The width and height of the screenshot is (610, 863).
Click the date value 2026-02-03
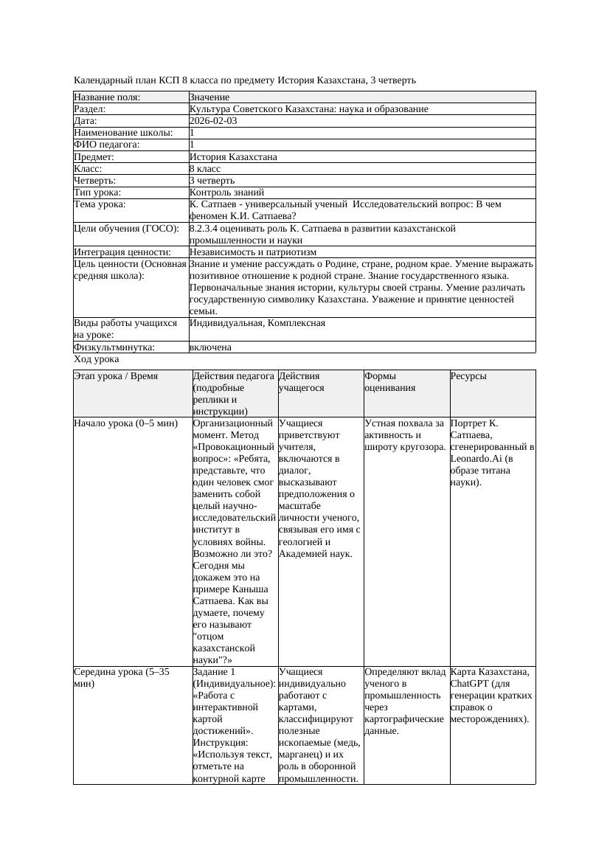coord(213,121)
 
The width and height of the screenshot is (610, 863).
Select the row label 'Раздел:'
coord(91,109)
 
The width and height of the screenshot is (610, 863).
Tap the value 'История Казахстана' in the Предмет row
coord(233,157)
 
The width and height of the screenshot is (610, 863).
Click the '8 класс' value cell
coord(205,169)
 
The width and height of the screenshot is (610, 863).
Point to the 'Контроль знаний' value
coord(226,193)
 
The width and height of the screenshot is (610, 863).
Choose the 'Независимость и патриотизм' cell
coord(253,252)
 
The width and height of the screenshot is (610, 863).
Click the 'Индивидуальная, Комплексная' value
coord(257,323)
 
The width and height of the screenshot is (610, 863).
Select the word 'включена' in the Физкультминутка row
coord(210,347)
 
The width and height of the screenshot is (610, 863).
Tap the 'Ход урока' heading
coord(97,359)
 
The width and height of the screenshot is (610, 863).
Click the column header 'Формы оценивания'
coord(390,381)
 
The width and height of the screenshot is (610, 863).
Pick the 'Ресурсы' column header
coord(468,376)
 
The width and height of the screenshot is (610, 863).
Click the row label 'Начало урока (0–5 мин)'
coord(126,424)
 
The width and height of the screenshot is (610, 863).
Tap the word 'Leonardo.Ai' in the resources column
coord(476,459)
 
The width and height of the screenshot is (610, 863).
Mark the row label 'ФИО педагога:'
coord(107,145)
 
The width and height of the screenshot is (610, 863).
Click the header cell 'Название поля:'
coord(107,97)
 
